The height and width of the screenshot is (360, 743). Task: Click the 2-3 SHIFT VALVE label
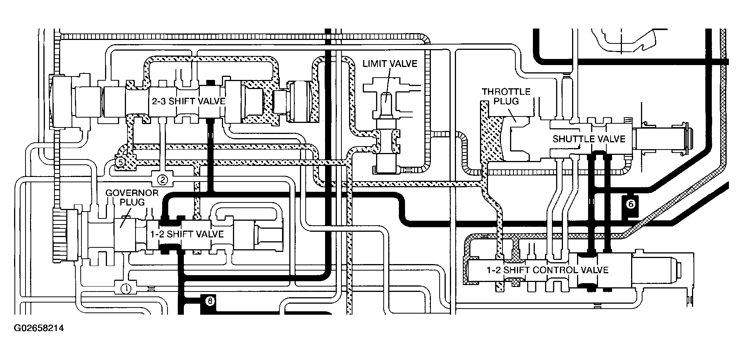(x=189, y=101)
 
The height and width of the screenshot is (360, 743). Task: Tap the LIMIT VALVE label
(x=390, y=63)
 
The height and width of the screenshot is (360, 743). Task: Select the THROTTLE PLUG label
(x=506, y=97)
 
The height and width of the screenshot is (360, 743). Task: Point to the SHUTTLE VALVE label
(x=589, y=139)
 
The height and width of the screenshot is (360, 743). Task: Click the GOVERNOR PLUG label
(x=132, y=197)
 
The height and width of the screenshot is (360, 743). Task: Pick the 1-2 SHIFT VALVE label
(x=187, y=234)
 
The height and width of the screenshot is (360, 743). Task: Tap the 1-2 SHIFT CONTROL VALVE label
(x=547, y=270)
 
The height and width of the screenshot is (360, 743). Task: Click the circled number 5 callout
(x=120, y=162)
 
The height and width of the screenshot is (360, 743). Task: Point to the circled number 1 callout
(x=126, y=289)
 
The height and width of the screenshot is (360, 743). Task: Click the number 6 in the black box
(x=630, y=204)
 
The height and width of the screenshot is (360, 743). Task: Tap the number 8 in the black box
(x=210, y=301)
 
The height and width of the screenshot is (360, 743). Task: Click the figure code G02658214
(x=39, y=328)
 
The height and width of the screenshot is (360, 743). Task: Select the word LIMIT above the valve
(x=375, y=63)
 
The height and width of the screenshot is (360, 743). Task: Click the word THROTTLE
(x=506, y=92)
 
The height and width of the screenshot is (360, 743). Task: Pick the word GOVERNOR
(x=132, y=193)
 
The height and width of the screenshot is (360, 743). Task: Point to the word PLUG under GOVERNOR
(x=132, y=202)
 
